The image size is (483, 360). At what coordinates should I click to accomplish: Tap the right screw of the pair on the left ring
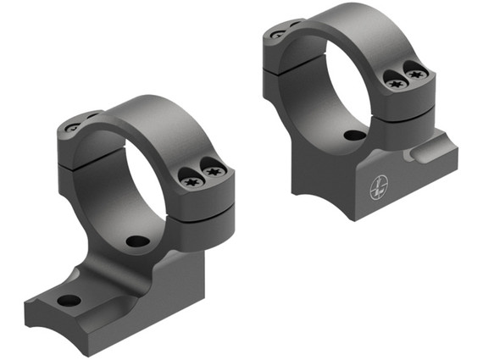(213, 172)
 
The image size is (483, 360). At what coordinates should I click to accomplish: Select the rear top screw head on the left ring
(73, 128)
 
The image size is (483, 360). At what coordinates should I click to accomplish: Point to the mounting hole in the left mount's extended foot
(68, 300)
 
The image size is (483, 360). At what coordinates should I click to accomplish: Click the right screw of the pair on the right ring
(414, 75)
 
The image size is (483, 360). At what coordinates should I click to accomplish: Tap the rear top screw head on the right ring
(277, 35)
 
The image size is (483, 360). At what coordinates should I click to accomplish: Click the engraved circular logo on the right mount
(379, 187)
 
